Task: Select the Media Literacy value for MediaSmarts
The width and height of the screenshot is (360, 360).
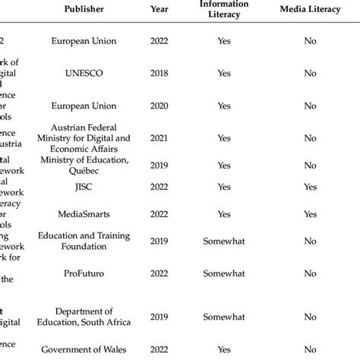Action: (x=309, y=215)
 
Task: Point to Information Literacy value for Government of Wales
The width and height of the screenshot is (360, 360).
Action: (x=223, y=350)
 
